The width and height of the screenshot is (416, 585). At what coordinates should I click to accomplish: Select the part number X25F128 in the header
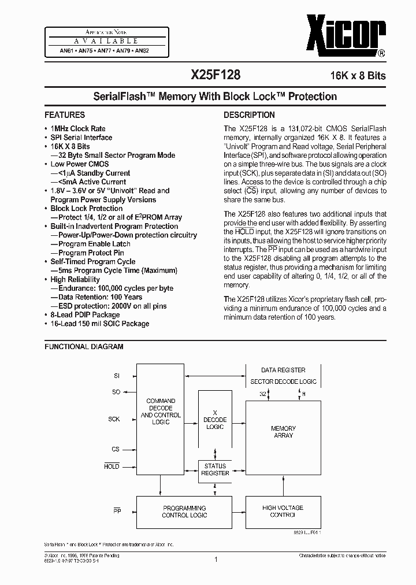pos(216,75)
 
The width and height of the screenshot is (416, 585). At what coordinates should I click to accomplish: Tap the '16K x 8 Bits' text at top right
pos(358,76)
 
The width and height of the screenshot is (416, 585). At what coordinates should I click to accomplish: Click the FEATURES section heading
pos(65,114)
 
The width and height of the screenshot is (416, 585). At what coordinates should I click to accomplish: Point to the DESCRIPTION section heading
pos(249,114)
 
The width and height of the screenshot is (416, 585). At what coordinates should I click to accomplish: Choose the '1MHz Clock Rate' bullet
pos(78,128)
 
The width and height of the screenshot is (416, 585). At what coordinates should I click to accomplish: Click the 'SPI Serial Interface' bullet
pos(81,138)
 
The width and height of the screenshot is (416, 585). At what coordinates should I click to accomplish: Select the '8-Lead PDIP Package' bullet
pos(85,314)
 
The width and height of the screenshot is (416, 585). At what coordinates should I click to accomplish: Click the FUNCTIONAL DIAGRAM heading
pos(84,347)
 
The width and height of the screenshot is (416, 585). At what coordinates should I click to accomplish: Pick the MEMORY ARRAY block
pos(283,432)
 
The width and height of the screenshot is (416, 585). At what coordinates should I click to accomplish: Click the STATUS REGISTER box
pos(215,469)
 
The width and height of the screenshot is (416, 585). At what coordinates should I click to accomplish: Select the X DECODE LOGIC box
pos(215,420)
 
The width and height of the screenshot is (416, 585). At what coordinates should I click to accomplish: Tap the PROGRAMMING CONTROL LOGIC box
pos(184,511)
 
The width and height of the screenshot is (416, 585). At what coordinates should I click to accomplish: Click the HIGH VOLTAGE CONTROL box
pos(283,511)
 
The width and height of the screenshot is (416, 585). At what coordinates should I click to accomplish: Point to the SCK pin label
pos(114,419)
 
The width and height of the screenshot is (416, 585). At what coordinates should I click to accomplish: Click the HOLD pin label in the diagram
pos(112,466)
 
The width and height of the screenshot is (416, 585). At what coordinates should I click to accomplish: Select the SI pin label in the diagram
pos(116,376)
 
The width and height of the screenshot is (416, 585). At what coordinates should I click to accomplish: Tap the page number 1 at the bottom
pos(215,559)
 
